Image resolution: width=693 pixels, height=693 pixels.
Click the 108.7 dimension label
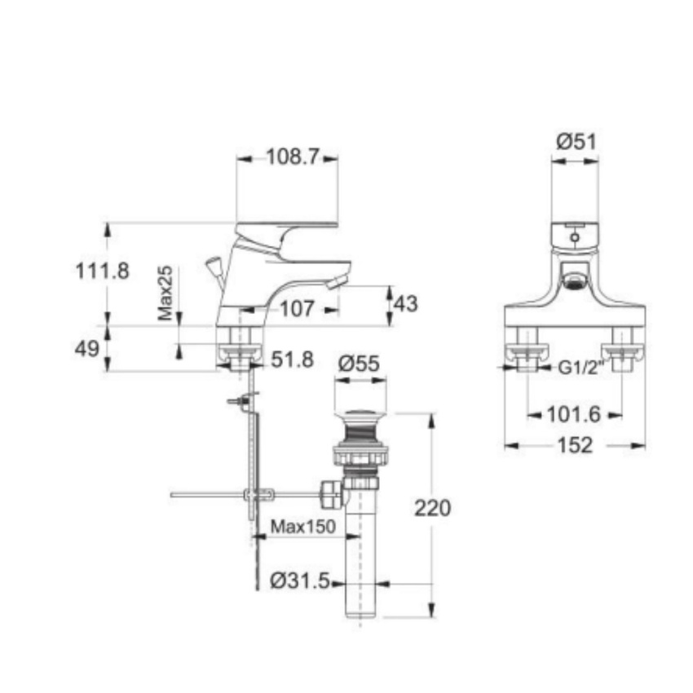coord(293,157)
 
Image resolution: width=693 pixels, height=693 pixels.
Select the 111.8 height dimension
coord(103,271)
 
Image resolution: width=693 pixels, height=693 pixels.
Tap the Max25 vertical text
coord(166,293)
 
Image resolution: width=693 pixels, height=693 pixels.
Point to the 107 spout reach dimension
coord(297,309)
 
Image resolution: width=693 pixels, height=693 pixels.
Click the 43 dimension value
coord(406,304)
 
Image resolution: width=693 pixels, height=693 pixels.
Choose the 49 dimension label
coord(87,349)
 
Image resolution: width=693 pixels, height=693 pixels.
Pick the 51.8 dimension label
coord(292,360)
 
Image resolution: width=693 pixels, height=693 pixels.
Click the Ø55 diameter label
coord(359,364)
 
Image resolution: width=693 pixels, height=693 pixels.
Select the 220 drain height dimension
coord(433,508)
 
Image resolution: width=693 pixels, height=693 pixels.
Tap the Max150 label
coord(303,527)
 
